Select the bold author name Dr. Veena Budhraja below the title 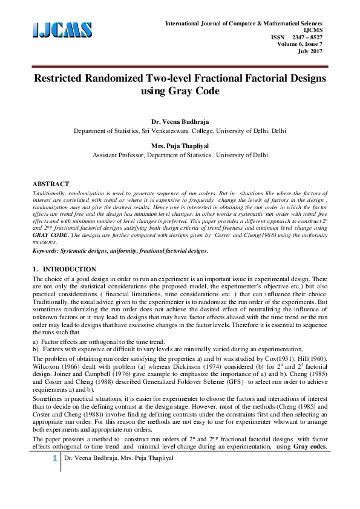pos(180,121)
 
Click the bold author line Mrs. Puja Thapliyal pos(180,145)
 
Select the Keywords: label pos(48,250)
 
